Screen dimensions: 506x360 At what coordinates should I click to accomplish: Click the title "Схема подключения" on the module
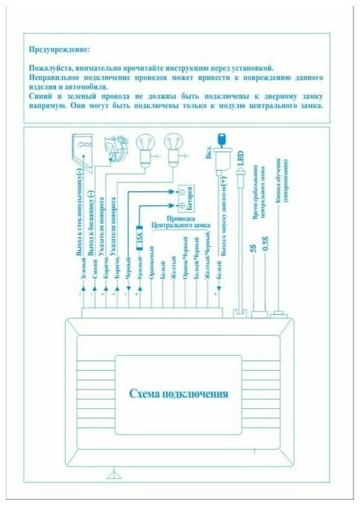[x=179, y=393]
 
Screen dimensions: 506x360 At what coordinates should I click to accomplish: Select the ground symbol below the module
[x=111, y=475]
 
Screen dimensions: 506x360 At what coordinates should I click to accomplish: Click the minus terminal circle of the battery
[x=181, y=191]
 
